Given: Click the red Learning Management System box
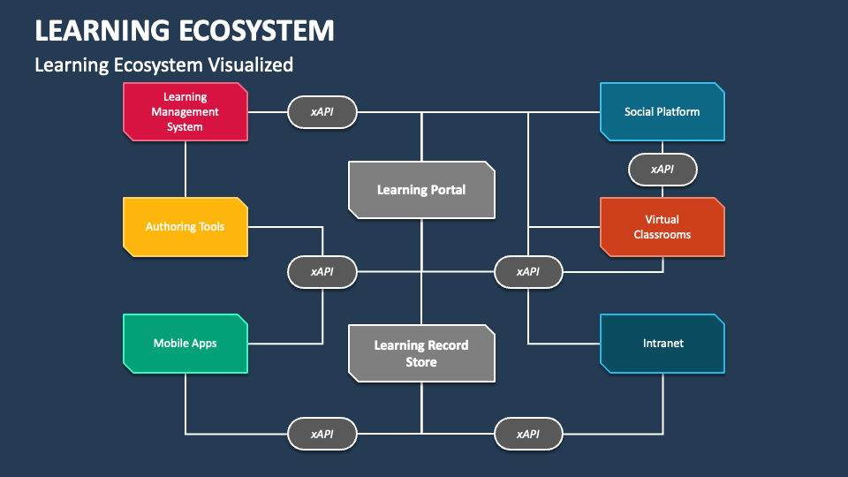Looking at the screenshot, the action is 185,112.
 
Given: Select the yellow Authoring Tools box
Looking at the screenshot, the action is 185,227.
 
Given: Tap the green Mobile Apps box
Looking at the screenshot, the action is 185,344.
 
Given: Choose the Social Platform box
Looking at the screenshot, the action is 662,112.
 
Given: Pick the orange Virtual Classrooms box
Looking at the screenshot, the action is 662,227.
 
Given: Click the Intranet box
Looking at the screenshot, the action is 662,344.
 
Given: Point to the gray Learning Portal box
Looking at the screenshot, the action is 422,190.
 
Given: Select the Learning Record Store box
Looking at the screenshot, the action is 422,353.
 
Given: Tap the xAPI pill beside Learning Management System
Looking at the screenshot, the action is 322,112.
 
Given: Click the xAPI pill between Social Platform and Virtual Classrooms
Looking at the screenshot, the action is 662,170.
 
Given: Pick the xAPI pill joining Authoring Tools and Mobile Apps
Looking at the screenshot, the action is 322,272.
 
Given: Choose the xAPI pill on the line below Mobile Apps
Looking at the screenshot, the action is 322,434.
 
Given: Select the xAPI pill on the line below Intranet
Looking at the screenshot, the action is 528,434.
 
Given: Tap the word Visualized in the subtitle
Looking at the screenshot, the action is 251,64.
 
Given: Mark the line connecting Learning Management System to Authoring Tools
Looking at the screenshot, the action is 185,170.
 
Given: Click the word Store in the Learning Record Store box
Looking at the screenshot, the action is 421,362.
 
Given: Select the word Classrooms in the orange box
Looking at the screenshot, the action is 662,235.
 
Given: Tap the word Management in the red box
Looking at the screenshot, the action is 185,112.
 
